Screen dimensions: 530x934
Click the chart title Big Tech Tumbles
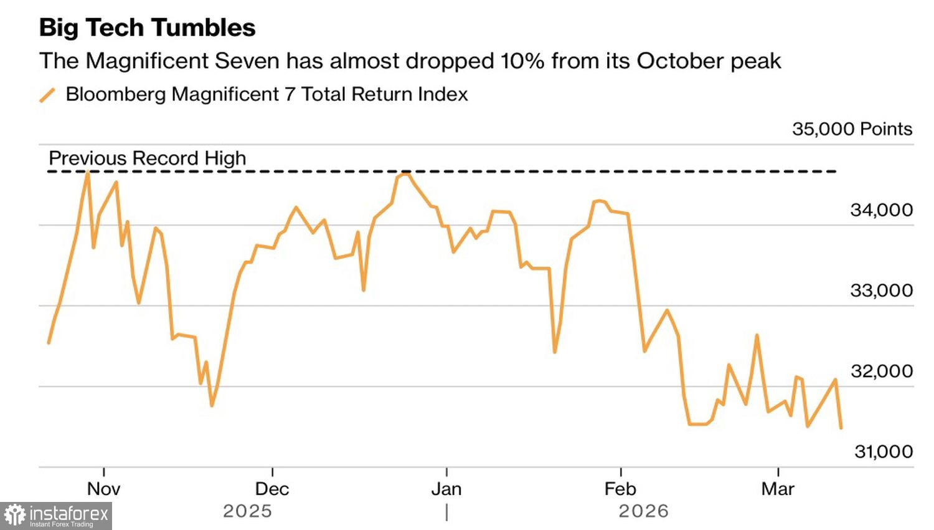click(x=147, y=28)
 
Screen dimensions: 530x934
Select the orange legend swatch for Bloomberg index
click(x=47, y=95)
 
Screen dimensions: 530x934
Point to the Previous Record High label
click(x=148, y=158)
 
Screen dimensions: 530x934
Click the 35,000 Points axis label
click(x=852, y=129)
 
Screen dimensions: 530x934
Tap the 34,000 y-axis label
click(x=881, y=210)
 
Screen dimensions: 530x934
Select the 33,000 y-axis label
click(x=881, y=291)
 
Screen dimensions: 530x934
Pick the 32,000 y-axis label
click(x=881, y=371)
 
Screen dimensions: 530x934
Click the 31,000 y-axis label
click(x=883, y=451)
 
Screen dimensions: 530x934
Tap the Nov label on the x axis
click(x=103, y=489)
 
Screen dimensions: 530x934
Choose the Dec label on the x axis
click(x=272, y=489)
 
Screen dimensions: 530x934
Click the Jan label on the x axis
click(x=446, y=489)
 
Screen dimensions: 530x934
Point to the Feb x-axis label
click(x=620, y=489)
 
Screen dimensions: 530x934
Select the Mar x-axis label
click(x=778, y=489)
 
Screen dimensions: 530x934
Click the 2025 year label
click(x=247, y=511)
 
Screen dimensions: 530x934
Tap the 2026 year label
click(x=643, y=511)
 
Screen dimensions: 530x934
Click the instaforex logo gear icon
click(x=15, y=516)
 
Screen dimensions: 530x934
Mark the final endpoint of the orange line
click(x=841, y=428)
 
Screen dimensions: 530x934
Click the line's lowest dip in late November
click(x=212, y=406)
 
